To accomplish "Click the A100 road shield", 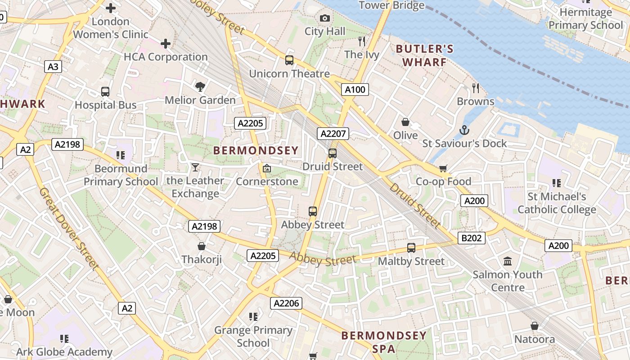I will pos(355,90).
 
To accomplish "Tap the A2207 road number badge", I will pos(333,134).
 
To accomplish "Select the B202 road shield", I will pos(471,238).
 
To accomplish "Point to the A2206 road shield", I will pos(286,303).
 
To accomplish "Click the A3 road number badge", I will pos(53,67).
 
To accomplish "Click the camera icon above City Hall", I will pos(324,18).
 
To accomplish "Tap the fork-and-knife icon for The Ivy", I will pos(362,41).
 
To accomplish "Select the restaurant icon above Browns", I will pos(475,88).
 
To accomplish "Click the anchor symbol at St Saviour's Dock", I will pos(464,130).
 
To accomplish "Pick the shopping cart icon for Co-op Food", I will pos(443,168).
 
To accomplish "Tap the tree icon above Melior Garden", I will pos(200,86).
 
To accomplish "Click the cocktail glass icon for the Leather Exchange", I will pos(195,167).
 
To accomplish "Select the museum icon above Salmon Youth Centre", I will pos(508,261).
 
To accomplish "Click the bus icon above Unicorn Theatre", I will pos(289,60).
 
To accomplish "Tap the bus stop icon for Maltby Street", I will pos(411,248).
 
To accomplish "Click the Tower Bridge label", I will pos(391,5).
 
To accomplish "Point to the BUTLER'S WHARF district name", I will pos(424,55).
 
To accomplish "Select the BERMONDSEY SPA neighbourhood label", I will pos(383,342).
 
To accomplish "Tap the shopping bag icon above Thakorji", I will pos(202,246).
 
